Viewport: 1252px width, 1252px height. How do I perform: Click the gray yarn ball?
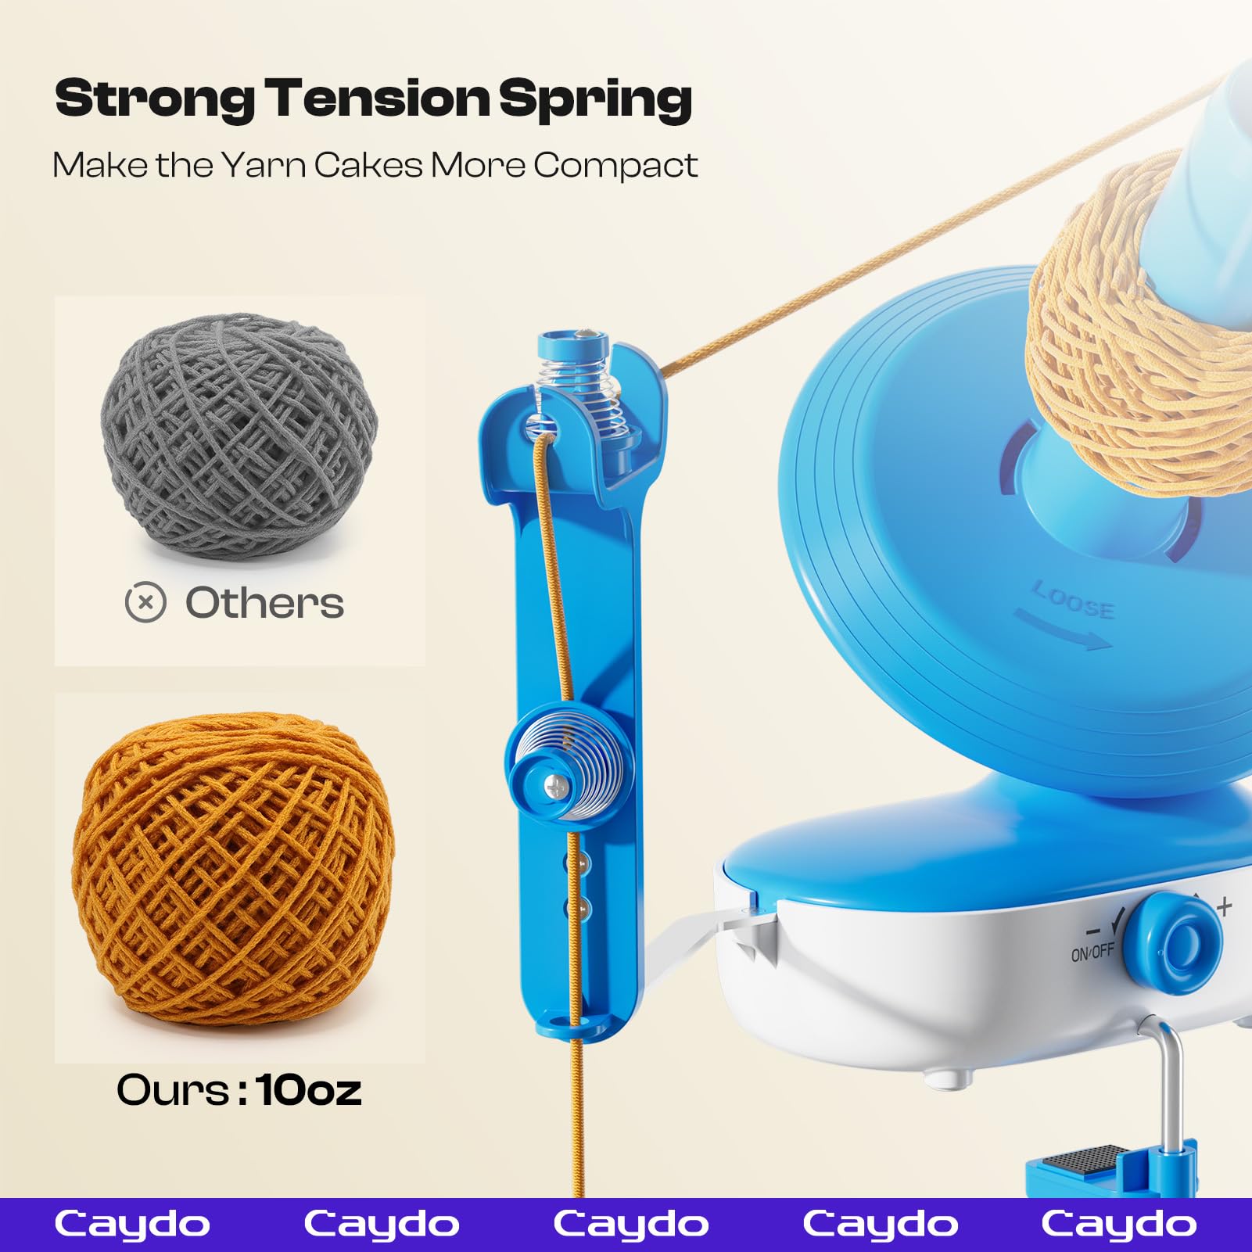tap(239, 435)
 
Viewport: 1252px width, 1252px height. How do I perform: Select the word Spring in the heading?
tap(595, 100)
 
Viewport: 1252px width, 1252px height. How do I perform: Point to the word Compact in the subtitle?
tap(615, 166)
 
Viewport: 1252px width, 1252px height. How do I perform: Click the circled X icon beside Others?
tap(145, 603)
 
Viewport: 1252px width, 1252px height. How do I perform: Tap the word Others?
tap(264, 603)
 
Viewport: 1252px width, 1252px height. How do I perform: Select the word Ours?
tap(174, 1089)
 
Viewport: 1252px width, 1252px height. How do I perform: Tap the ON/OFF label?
tap(1092, 952)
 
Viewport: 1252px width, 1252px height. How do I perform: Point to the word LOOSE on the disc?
tap(1073, 601)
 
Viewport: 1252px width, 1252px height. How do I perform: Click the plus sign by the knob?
tap(1224, 907)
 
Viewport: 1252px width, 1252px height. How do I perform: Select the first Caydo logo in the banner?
tap(132, 1224)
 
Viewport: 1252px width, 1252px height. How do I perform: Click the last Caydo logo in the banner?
tap(1118, 1224)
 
